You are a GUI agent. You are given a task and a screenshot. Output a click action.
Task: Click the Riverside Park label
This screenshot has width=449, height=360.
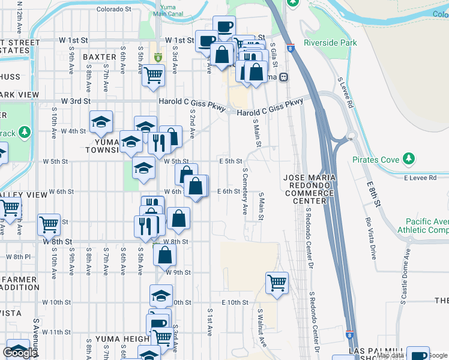pyautogui.click(x=330, y=43)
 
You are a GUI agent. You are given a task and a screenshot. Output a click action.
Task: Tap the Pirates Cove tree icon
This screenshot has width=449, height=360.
pyautogui.click(x=409, y=159)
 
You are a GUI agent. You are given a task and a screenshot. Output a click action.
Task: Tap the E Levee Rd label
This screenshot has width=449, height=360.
pyautogui.click(x=423, y=178)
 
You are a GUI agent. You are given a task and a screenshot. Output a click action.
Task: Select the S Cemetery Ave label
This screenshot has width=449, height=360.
pyautogui.click(x=244, y=191)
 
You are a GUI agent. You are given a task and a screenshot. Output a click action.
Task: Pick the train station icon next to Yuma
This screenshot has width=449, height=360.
pyautogui.click(x=283, y=77)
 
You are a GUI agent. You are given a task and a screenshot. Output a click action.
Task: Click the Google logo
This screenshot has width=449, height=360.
pyautogui.click(x=20, y=353)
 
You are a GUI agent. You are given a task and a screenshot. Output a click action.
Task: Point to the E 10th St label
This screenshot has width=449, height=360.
pyautogui.click(x=235, y=302)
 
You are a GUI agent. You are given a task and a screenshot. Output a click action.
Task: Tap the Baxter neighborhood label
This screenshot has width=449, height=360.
pyautogui.click(x=99, y=57)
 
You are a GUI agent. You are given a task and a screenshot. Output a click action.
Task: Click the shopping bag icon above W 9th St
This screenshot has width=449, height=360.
pyautogui.click(x=164, y=254)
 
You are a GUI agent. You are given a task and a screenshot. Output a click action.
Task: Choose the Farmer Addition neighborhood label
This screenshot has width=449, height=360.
pyautogui.click(x=20, y=285)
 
